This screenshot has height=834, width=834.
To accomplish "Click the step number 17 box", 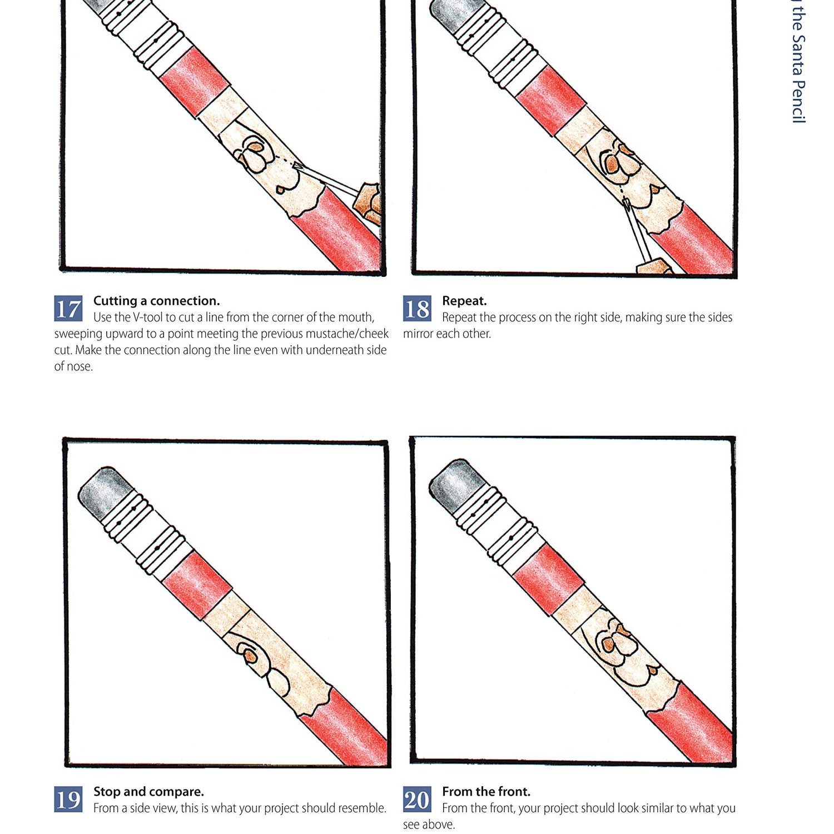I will point(68,309).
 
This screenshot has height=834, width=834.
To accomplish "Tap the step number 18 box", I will point(417,309).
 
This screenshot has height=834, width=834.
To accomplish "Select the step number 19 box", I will point(68,800).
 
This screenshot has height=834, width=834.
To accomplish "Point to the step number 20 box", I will point(417,800).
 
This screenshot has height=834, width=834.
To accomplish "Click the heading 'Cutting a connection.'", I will point(156,301).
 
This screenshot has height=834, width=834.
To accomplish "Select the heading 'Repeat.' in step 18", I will point(464,301).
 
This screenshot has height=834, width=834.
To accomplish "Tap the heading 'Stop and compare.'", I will point(148,791).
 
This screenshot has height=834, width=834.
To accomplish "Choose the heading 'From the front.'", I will point(486,791).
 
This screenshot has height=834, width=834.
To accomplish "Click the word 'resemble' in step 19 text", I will point(363,808).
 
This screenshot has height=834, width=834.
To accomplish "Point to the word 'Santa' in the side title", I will point(798,55).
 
